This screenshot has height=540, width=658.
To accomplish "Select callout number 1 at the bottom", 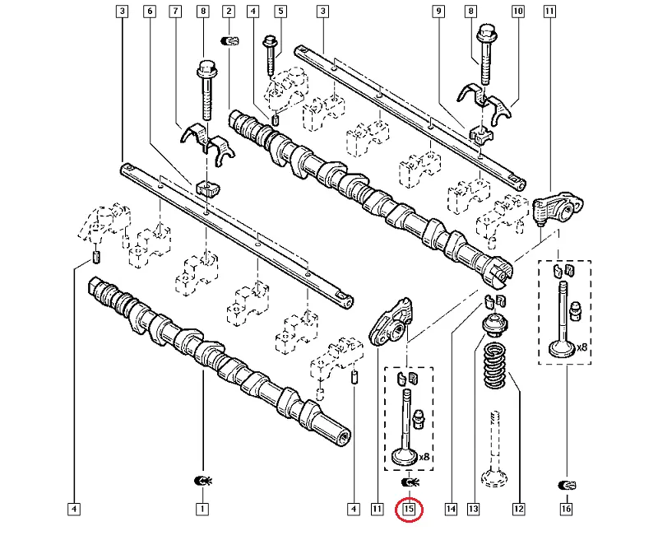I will [202, 510].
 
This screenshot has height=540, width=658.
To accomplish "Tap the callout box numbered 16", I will [566, 510].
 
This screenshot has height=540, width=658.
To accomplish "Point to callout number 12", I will [518, 510].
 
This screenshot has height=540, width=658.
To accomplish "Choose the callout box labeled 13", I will [473, 510].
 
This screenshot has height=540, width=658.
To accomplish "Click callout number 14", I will [451, 510].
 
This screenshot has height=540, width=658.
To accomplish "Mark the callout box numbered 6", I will [149, 12].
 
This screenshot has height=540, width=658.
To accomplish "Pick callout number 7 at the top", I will [175, 12].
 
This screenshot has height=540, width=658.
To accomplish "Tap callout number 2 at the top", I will [229, 12].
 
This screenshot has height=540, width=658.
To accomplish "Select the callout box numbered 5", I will [280, 12].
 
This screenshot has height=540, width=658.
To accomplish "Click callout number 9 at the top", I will [439, 12].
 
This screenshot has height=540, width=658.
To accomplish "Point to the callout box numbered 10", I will [518, 12].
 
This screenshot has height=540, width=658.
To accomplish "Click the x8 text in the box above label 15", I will [425, 457].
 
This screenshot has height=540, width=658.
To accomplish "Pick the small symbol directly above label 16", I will [566, 482].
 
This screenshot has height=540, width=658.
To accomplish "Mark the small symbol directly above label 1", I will [202, 480].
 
